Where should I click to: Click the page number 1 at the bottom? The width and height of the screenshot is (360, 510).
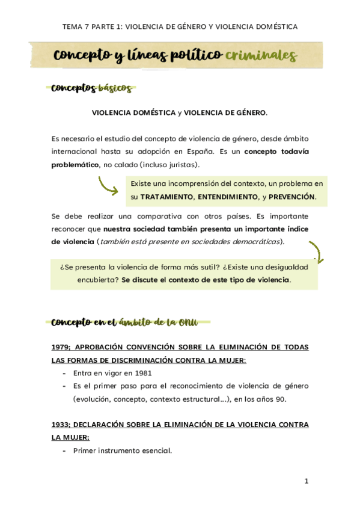click(306, 481)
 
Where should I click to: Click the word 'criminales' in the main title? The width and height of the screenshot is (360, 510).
click(261, 56)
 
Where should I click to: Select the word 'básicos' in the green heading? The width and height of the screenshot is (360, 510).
click(114, 88)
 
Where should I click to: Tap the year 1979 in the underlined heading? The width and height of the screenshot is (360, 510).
click(61, 347)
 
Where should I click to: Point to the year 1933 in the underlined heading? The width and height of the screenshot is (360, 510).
click(61, 425)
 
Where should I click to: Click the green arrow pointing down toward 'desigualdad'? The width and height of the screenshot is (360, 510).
click(316, 252)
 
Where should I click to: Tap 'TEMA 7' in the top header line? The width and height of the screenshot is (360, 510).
click(75, 26)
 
